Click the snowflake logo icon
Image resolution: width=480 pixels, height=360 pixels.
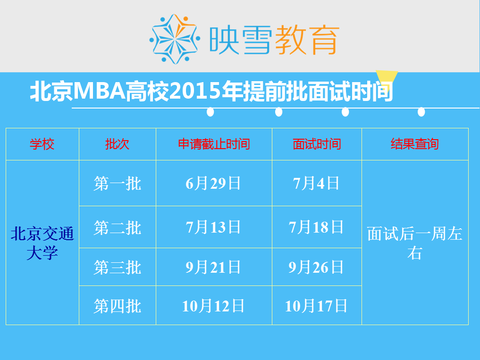(x=175, y=39)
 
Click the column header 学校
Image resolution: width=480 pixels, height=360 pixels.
(x=42, y=144)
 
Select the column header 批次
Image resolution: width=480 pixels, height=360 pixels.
(x=117, y=144)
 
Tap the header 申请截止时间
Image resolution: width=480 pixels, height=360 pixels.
(x=214, y=144)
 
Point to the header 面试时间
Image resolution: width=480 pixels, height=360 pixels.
(x=317, y=144)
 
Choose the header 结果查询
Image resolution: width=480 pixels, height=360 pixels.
(x=415, y=144)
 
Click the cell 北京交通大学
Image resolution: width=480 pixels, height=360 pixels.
(x=42, y=243)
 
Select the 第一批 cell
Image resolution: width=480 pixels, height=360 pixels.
(x=117, y=184)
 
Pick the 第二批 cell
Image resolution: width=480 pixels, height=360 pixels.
(x=117, y=227)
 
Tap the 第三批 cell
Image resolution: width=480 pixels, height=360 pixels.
(x=117, y=267)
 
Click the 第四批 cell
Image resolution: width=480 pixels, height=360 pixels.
(x=117, y=306)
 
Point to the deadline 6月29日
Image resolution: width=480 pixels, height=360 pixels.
(x=213, y=184)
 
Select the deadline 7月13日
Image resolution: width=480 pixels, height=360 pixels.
(x=213, y=227)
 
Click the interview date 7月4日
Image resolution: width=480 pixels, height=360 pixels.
(x=316, y=184)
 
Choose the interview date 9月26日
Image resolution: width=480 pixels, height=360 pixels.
(x=316, y=267)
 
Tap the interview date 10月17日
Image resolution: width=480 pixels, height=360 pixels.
(x=316, y=306)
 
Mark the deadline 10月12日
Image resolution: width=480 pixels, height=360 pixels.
(x=213, y=306)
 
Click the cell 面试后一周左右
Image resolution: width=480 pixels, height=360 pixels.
(x=415, y=243)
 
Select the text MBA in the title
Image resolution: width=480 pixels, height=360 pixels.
(x=100, y=91)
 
